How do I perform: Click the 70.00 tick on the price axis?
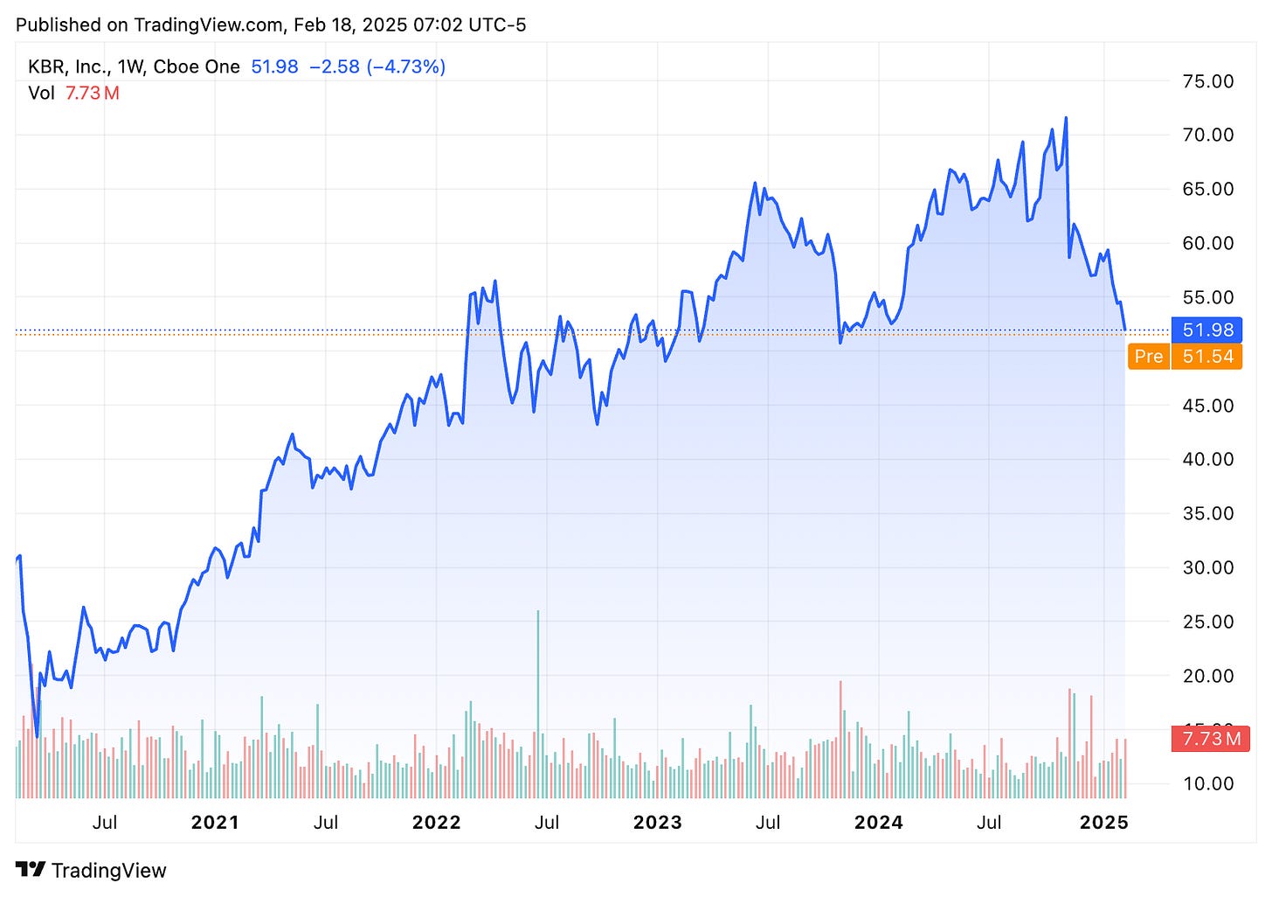click(1207, 135)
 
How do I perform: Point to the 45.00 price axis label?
click(1207, 406)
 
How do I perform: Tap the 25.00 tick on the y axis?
click(1207, 622)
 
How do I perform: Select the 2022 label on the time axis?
click(436, 823)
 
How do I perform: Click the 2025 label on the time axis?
click(1104, 823)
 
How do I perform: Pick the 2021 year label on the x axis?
click(215, 823)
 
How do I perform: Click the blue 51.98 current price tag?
click(1207, 330)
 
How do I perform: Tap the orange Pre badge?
click(1148, 357)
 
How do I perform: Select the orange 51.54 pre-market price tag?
click(1207, 357)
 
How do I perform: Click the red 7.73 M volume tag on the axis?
click(1211, 740)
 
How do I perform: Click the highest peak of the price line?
click(1066, 118)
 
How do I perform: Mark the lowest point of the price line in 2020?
click(37, 736)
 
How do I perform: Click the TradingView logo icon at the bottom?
click(31, 870)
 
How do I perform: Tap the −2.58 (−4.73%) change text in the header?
click(377, 67)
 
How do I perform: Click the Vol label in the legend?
click(41, 94)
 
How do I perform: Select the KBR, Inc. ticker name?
click(69, 67)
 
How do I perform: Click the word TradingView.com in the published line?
click(209, 24)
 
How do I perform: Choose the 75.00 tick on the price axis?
click(1207, 81)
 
